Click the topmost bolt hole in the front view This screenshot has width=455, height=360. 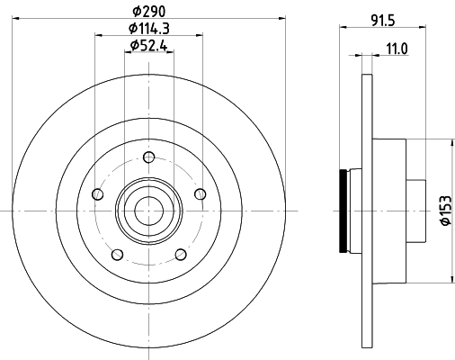(x=147, y=158)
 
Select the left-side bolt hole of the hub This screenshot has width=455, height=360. (x=96, y=193)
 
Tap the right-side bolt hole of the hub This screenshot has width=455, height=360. (x=201, y=193)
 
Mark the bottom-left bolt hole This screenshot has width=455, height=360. (x=116, y=255)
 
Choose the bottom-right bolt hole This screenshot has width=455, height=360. (x=180, y=255)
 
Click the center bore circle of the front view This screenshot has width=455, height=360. (x=148, y=211)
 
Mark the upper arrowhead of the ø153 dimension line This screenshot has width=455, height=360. (x=449, y=141)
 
